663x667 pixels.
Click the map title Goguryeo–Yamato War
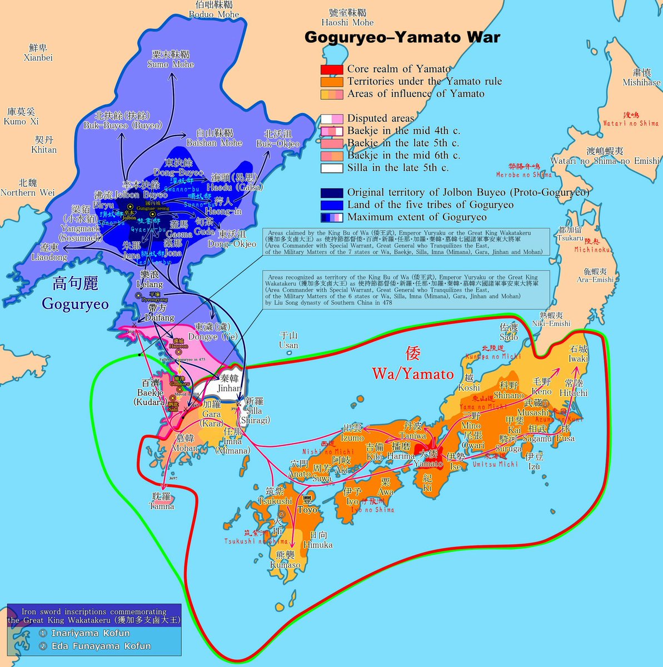pos(402,38)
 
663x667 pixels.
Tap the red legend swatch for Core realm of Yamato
pos(331,69)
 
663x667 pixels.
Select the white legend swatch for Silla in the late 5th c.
pos(331,168)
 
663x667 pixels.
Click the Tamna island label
pos(161,501)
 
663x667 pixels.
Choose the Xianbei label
pos(38,53)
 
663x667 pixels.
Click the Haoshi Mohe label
pos(351,18)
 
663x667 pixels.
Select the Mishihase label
pos(641,78)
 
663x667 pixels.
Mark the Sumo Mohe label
pos(171,59)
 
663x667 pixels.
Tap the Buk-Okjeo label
pos(278,139)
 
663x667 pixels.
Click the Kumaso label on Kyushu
pos(285,560)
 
